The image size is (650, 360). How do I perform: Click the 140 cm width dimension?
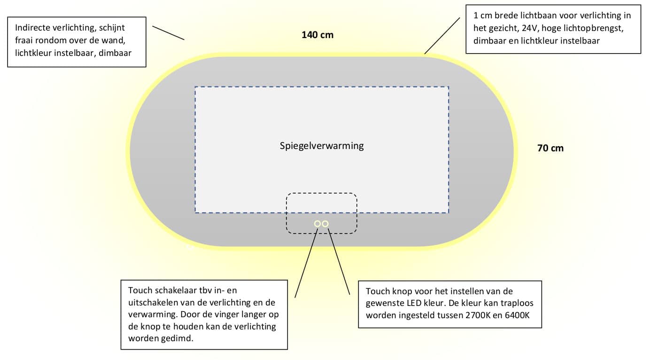pos(317,35)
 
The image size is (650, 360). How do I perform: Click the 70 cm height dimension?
pos(550,149)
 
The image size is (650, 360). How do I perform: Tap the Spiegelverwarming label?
pos(322,146)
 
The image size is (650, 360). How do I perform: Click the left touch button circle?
pos(317,224)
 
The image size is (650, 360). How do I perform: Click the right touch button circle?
pos(325,224)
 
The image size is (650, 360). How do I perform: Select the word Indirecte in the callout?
pos(33,27)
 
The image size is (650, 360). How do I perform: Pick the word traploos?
pos(518,303)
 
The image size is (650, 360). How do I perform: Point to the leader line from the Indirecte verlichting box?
pos(168,33)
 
